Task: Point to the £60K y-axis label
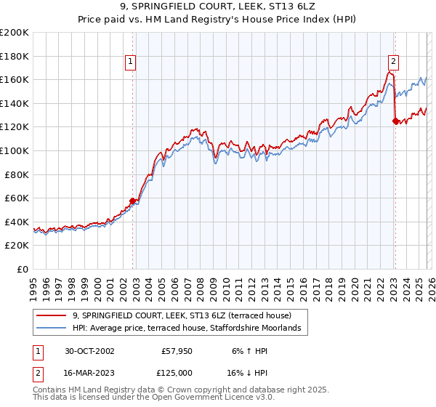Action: pyautogui.click(x=16, y=198)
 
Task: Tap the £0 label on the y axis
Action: pyautogui.click(x=23, y=269)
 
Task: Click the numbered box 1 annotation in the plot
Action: pyautogui.click(x=130, y=63)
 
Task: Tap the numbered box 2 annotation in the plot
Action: pyautogui.click(x=392, y=63)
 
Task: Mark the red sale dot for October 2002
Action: pyautogui.click(x=133, y=201)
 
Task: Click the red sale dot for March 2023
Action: pyautogui.click(x=395, y=121)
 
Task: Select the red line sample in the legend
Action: pyautogui.click(x=51, y=316)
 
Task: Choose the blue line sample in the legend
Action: pyautogui.click(x=51, y=329)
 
